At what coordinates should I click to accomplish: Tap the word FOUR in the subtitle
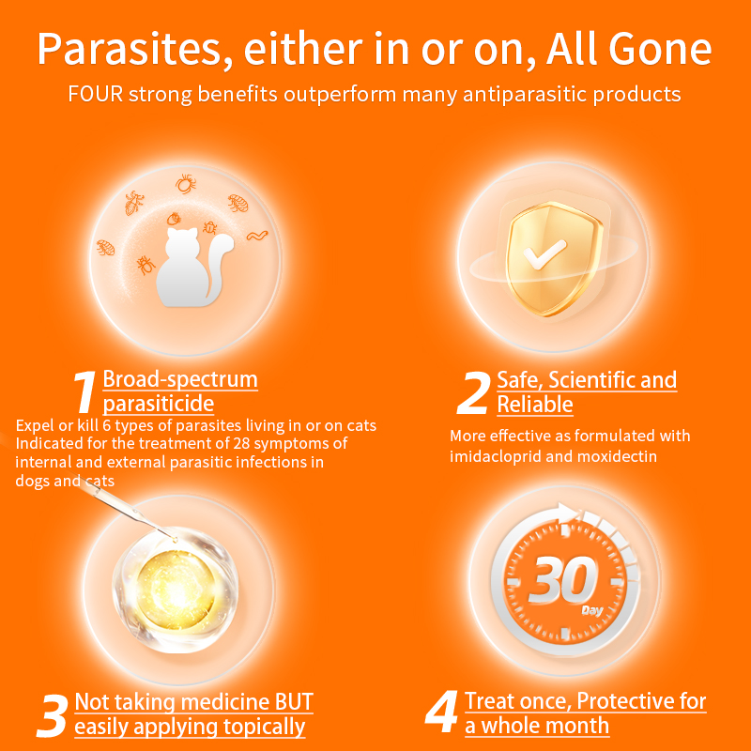pos(97,95)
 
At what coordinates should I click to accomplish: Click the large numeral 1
pos(84,392)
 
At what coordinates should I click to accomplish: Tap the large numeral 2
pos(472,392)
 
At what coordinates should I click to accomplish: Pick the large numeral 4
pos(441,713)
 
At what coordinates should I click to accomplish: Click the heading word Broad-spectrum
pos(180,380)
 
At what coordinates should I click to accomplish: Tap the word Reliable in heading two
pos(535,405)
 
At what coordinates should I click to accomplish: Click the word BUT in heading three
pos(287,702)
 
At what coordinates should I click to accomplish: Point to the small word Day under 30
pos(591,609)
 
